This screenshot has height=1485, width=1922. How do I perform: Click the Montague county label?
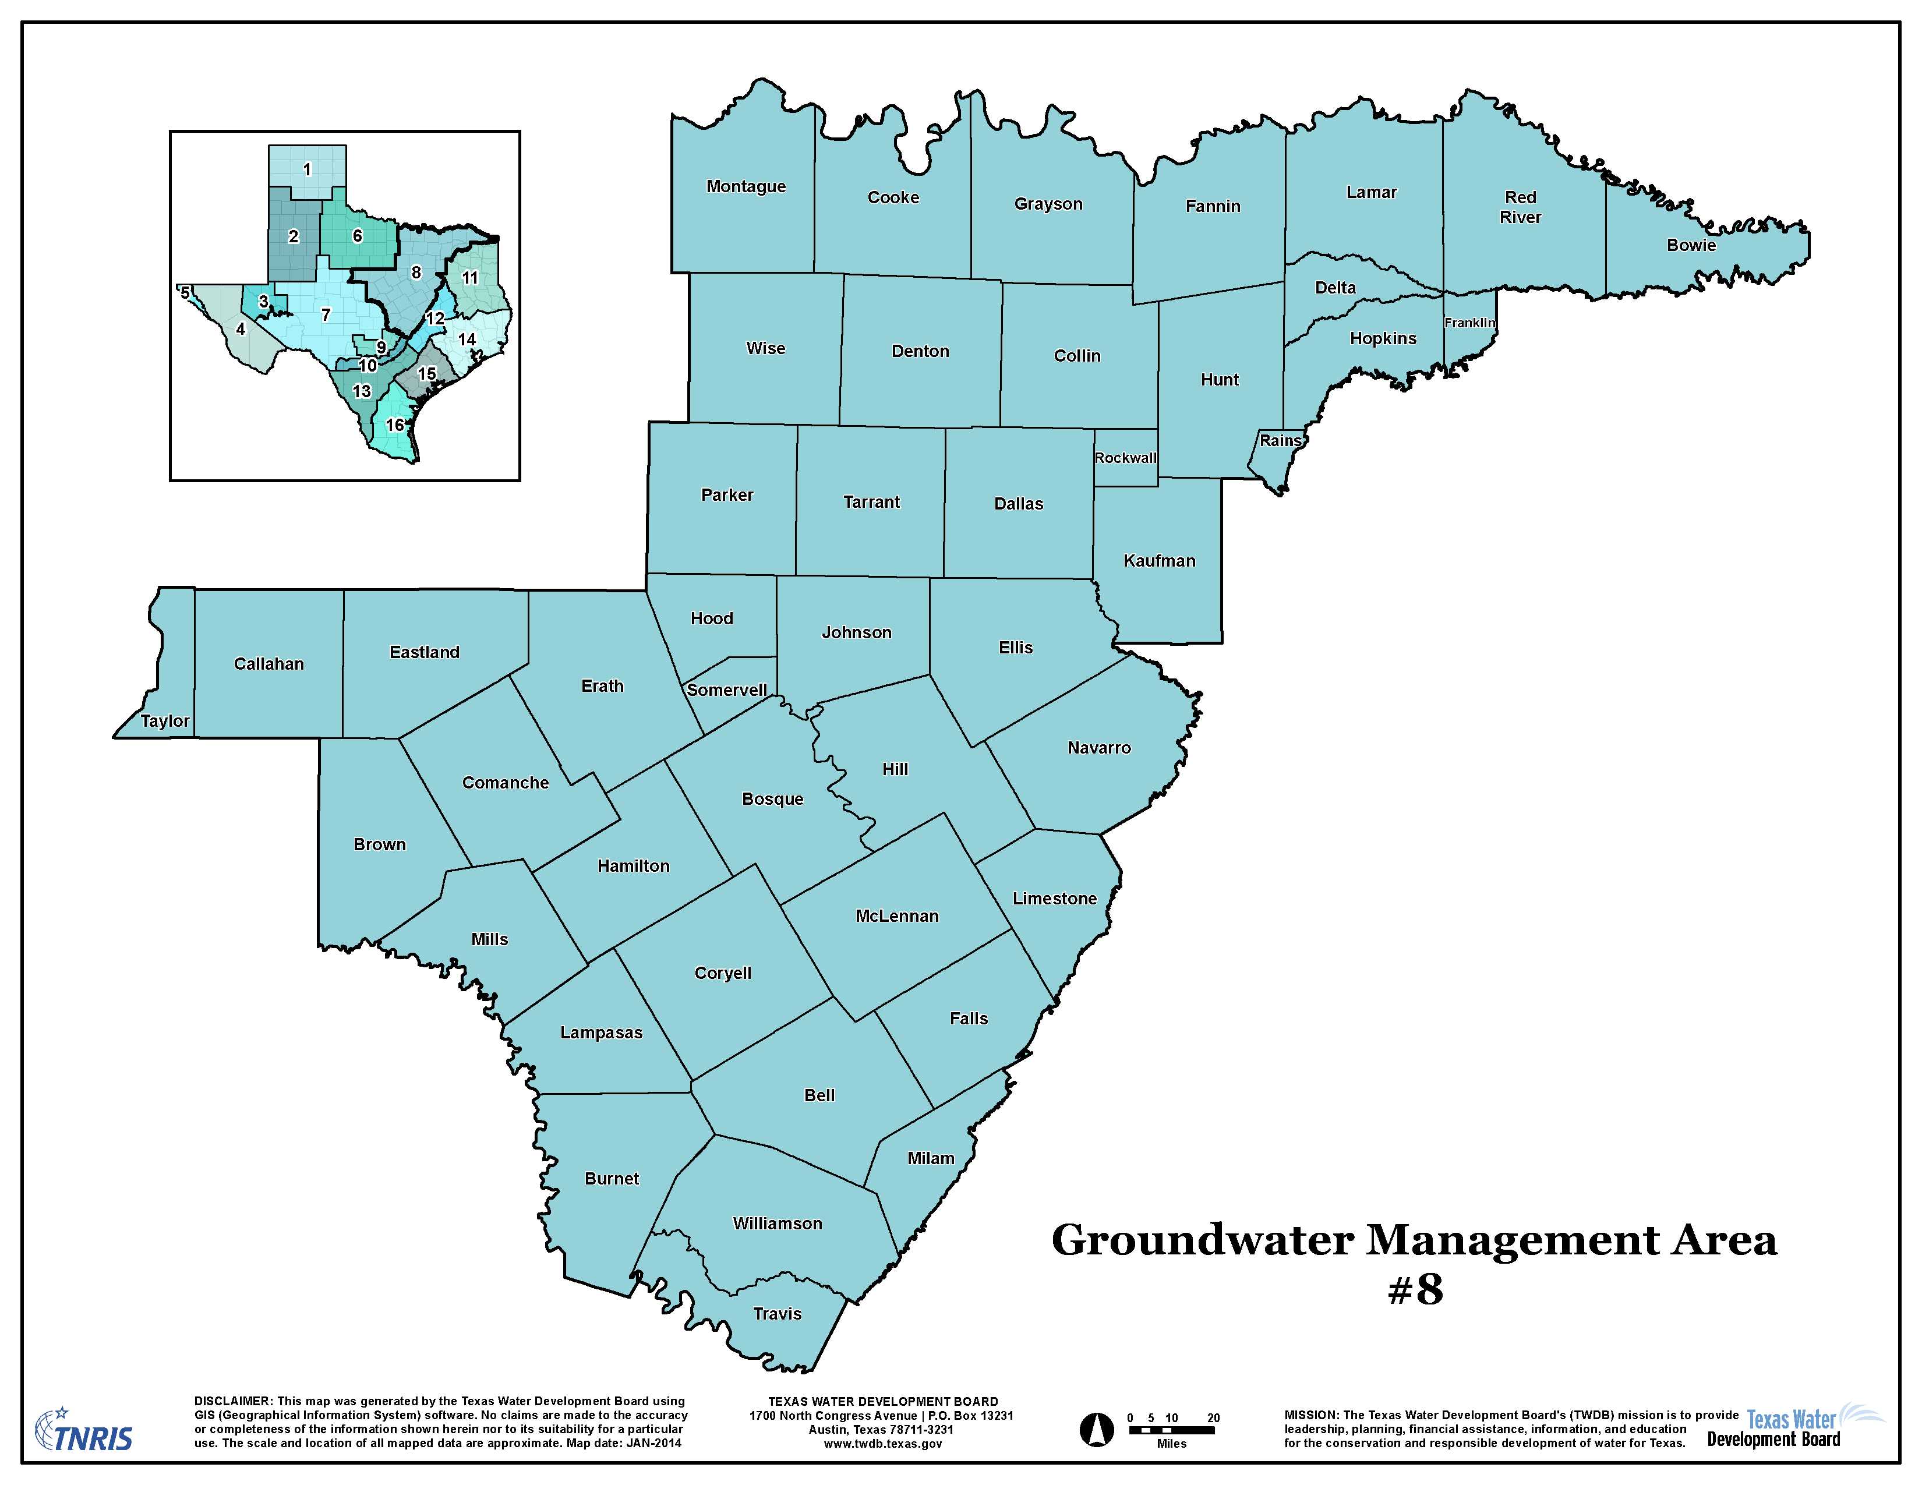[x=746, y=186]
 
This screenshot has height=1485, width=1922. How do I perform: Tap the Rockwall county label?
[x=1126, y=458]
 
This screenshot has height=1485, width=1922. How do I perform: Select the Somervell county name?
[x=727, y=690]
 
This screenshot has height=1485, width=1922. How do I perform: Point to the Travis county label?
[x=777, y=1313]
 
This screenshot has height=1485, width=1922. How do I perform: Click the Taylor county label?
[x=165, y=722]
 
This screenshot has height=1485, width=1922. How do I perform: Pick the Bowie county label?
[x=1691, y=245]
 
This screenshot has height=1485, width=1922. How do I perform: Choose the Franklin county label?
[x=1469, y=323]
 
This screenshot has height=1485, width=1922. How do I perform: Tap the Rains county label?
[x=1280, y=441]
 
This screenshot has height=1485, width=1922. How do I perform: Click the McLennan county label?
[x=897, y=916]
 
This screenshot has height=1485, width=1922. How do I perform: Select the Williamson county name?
[x=777, y=1224]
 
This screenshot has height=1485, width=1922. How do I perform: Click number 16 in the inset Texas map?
[x=395, y=426]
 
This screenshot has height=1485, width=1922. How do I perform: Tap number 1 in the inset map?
[x=306, y=169]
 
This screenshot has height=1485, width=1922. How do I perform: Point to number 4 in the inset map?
[x=240, y=330]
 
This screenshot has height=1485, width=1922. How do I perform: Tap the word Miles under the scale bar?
[x=1171, y=1444]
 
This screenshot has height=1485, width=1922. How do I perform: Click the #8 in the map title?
[x=1415, y=1290]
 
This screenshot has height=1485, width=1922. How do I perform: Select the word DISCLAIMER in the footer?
[x=232, y=1401]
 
